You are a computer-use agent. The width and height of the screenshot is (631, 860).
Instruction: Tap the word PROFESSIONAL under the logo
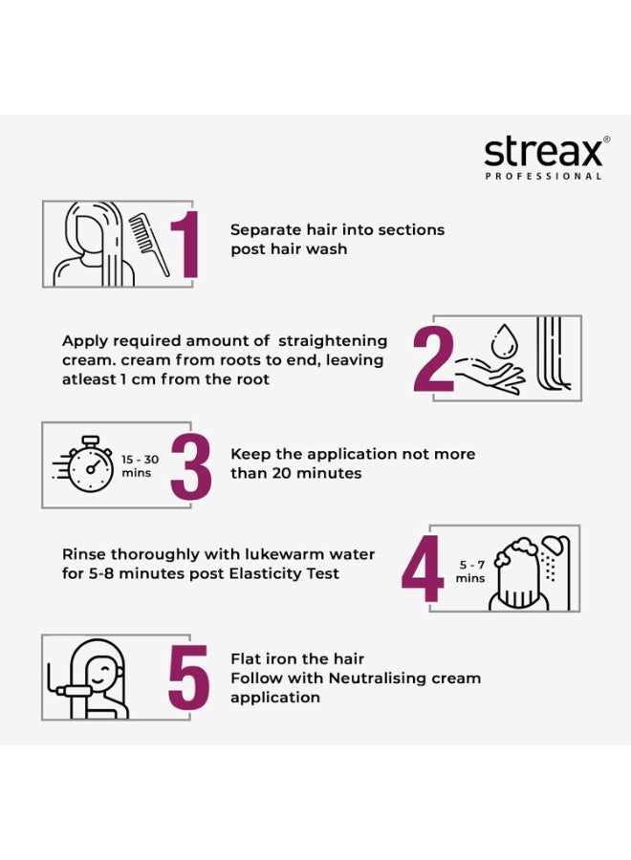pyautogui.click(x=543, y=177)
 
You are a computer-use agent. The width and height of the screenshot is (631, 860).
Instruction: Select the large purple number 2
pyautogui.click(x=432, y=359)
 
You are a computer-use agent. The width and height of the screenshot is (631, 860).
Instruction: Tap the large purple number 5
pyautogui.click(x=188, y=678)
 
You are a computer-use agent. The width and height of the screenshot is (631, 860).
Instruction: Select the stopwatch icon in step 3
pyautogui.click(x=88, y=466)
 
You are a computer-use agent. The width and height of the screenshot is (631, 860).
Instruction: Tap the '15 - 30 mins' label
pyautogui.click(x=141, y=466)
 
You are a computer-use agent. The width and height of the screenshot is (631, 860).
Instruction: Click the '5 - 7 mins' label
pyautogui.click(x=469, y=571)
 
